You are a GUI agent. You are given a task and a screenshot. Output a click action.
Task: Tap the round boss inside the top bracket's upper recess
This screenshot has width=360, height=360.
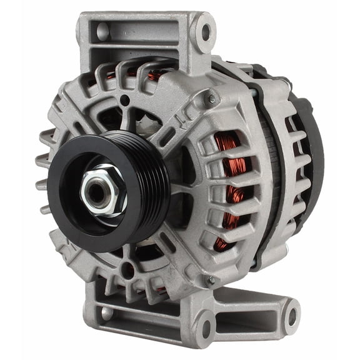[102, 31]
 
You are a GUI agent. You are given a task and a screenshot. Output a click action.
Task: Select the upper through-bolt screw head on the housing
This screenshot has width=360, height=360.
[212, 99]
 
